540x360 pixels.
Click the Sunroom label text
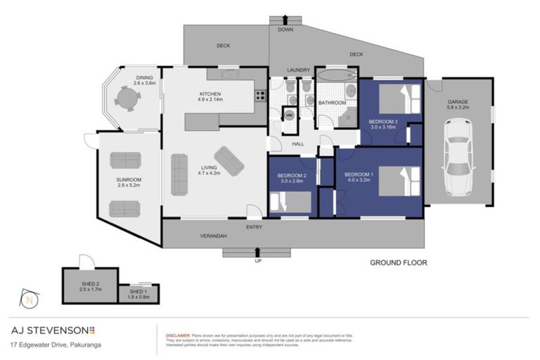[x=129, y=182]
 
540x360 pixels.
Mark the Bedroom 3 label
[x=384, y=124]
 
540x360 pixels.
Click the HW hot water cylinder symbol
[x=288, y=114]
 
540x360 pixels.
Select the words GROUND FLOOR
[x=398, y=263]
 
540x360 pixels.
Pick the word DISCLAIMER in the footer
[x=176, y=335]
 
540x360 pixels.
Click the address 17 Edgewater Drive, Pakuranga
[x=53, y=345]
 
